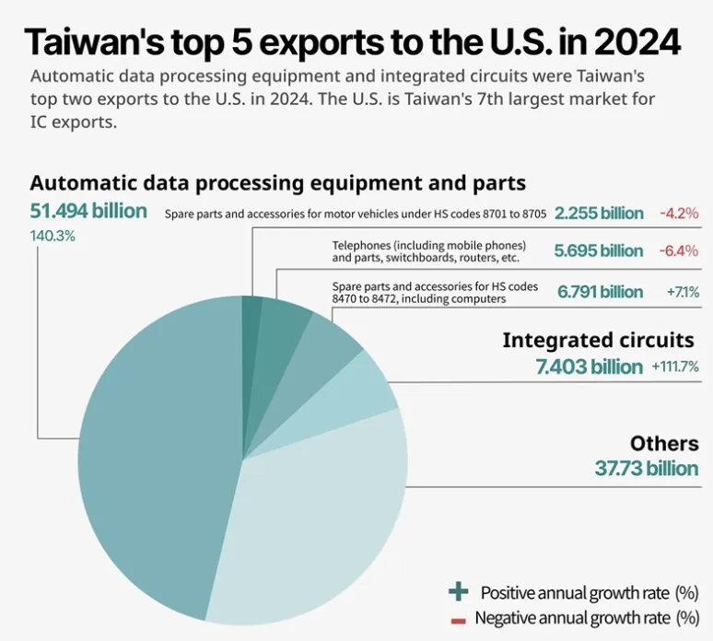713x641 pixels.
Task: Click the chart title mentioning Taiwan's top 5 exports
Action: (353, 41)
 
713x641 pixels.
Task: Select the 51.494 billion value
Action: (88, 211)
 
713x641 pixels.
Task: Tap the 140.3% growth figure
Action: (53, 236)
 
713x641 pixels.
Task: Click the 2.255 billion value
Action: (599, 214)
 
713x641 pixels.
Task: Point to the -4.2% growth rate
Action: (679, 214)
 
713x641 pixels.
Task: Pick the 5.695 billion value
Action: (599, 251)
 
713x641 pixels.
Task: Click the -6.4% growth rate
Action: (679, 251)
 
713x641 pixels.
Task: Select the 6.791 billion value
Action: (600, 292)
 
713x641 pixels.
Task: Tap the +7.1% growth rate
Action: (682, 292)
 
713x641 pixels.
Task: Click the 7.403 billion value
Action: (590, 367)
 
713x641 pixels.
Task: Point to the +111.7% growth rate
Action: (675, 367)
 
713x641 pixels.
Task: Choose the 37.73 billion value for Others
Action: (647, 468)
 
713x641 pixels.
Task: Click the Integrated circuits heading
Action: (598, 340)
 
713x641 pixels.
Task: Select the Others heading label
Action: (664, 443)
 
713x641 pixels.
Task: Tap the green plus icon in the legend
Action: (457, 591)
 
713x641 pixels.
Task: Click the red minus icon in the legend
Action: (458, 619)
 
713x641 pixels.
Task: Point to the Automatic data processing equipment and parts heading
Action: (277, 182)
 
